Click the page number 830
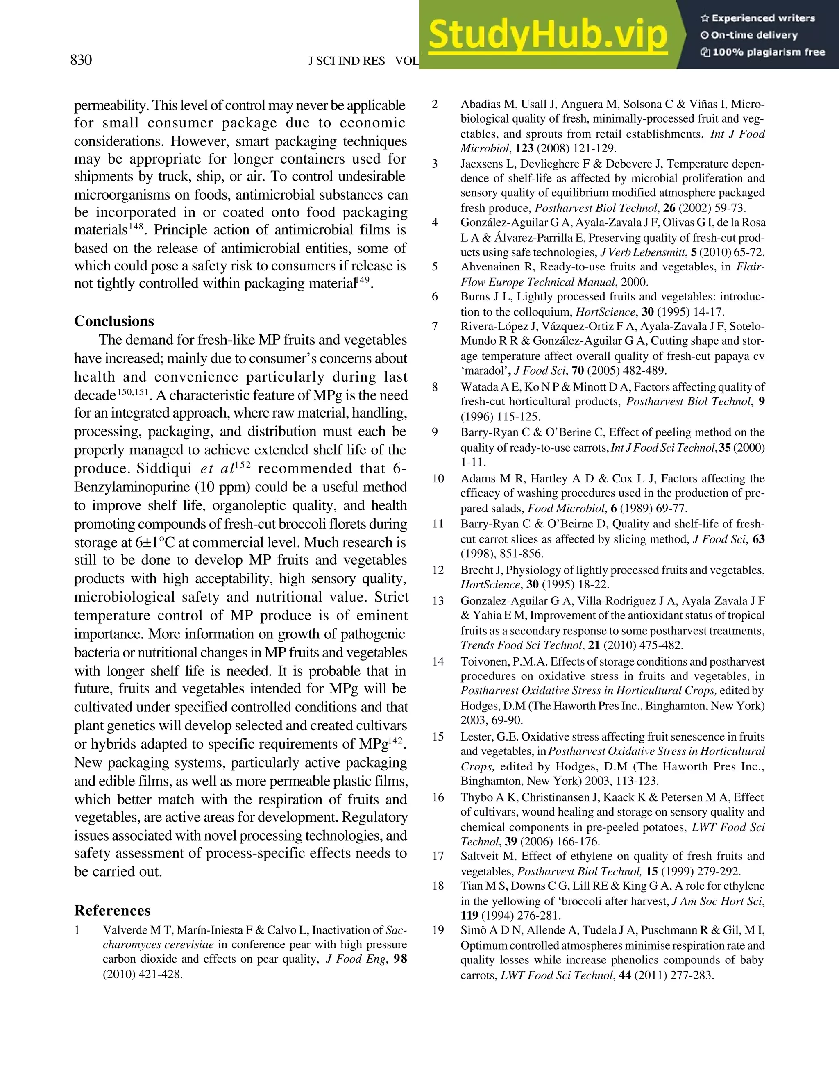point(81,60)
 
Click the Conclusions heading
point(114,321)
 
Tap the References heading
point(112,911)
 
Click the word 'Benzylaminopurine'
point(132,487)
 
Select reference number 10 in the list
point(438,478)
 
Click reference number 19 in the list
point(438,930)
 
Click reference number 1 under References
point(77,930)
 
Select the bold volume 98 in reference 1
point(400,959)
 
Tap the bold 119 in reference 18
point(469,916)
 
